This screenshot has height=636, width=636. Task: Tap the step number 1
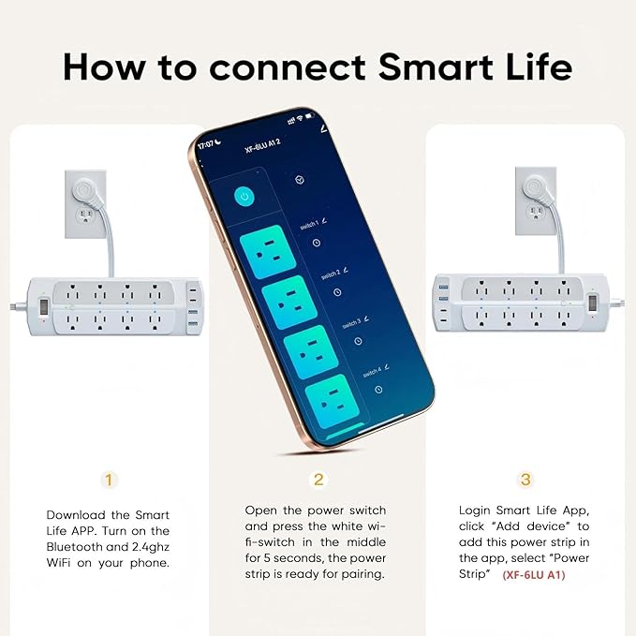point(110,480)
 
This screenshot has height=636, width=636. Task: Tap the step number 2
point(318,480)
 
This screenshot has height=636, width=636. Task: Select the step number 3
point(525,480)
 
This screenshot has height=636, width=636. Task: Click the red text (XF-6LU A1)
point(534,574)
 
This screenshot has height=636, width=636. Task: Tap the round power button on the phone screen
point(245,197)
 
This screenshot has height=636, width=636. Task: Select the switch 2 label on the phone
point(329,274)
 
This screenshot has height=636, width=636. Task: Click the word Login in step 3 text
point(476,510)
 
